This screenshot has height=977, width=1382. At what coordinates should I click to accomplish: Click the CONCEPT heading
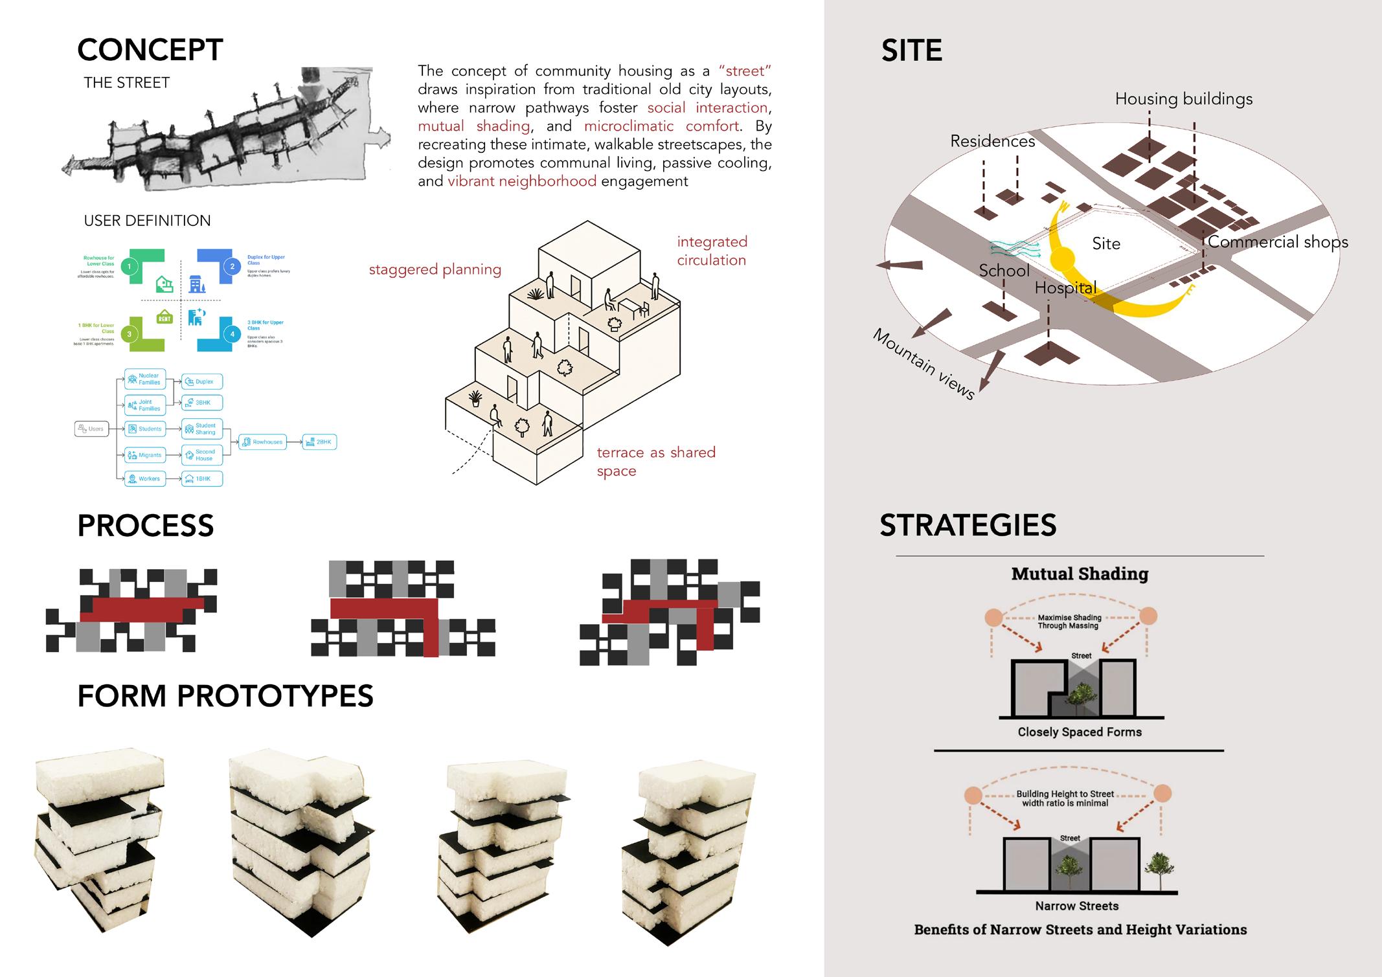150,50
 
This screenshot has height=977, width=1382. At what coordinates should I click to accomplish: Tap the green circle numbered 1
130,266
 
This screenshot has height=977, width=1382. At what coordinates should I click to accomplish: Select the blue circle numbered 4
232,334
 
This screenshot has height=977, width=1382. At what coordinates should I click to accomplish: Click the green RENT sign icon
164,318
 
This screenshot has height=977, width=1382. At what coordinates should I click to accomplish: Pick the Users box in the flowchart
91,429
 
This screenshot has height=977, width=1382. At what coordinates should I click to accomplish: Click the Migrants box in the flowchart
145,455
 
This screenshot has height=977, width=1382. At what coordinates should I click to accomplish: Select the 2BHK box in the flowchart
319,442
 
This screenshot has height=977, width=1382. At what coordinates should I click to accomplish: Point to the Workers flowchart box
144,479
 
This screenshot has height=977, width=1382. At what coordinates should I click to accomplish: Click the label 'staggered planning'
435,269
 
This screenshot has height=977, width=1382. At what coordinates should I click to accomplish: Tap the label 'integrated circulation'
712,251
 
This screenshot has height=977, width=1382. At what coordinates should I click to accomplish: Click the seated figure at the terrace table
609,300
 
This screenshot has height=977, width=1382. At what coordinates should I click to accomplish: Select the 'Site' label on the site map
1106,243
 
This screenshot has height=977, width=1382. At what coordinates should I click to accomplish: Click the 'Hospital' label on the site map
1065,287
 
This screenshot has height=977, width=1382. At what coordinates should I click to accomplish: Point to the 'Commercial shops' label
1278,241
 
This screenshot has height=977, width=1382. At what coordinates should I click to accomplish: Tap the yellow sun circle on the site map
1061,259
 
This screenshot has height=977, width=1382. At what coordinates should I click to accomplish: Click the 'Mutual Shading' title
1080,574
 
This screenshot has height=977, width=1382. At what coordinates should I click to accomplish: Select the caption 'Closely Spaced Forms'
1080,732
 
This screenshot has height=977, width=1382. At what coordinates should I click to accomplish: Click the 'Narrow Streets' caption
1076,906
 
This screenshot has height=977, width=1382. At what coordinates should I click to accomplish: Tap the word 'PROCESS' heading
146,525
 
